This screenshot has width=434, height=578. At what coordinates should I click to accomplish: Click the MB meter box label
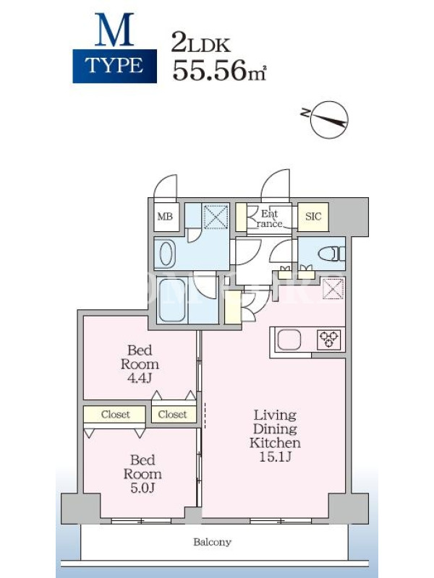pos(165,217)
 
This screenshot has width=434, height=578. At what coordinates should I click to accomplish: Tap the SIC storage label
pos(313,217)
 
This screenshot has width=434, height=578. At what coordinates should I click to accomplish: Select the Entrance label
pos(270,219)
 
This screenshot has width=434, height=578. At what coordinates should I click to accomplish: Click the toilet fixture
pos(331,254)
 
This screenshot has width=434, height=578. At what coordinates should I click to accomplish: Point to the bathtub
pos(172,300)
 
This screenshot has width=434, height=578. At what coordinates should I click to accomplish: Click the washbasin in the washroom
pos(167,254)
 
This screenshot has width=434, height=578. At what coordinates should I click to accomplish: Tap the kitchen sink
pos(289,340)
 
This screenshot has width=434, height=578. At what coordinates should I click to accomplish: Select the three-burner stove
pos(328,340)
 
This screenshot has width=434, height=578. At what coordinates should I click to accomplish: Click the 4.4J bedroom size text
pos(140,378)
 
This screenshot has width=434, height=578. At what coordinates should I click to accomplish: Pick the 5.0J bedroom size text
pos(142,488)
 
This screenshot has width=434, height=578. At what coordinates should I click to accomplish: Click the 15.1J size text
pos(275,457)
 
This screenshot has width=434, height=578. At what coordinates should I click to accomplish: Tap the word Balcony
pos(212,542)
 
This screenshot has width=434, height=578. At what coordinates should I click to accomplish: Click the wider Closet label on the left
pos(115,414)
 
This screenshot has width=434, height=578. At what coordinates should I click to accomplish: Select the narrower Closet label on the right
pos(172,414)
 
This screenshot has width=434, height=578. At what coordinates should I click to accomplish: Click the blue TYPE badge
pos(115,66)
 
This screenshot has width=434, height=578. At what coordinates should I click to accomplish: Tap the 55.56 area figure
pos(209,70)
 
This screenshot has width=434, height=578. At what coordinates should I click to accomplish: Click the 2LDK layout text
pos(201,43)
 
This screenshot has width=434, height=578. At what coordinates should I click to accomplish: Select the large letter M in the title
pos(114,30)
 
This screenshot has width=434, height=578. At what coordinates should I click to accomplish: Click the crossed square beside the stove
pos(333,288)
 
